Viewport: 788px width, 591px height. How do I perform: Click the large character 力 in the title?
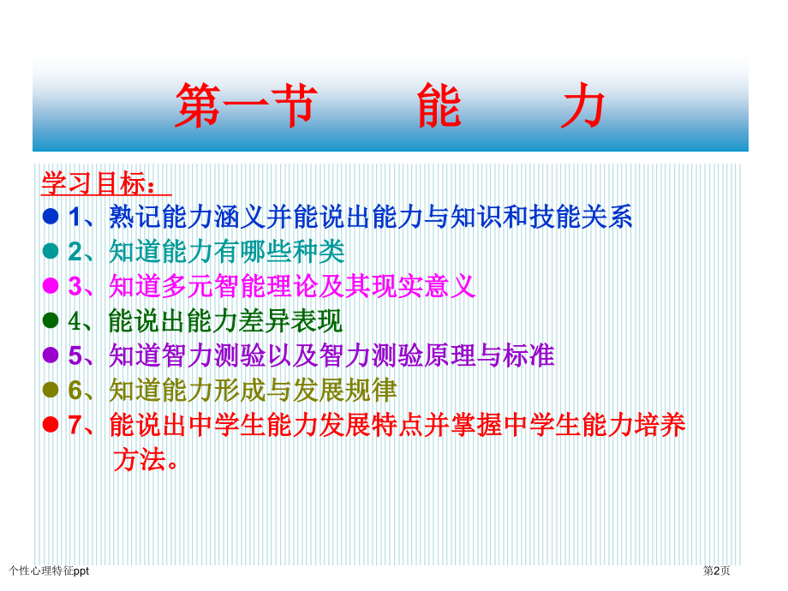pyautogui.click(x=582, y=106)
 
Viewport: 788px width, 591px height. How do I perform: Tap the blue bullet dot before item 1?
pyautogui.click(x=51, y=217)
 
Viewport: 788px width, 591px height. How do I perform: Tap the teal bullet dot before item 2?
pyautogui.click(x=51, y=251)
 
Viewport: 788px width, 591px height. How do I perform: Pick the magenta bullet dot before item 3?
pyautogui.click(x=51, y=285)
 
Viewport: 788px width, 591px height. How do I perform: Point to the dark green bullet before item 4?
pyautogui.click(x=51, y=320)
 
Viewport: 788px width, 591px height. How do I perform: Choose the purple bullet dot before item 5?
pyautogui.click(x=51, y=355)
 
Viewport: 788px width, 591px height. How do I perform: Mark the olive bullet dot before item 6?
pyautogui.click(x=51, y=390)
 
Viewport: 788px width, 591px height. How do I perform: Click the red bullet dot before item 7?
pyautogui.click(x=51, y=424)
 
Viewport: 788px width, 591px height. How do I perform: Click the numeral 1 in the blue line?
pyautogui.click(x=75, y=218)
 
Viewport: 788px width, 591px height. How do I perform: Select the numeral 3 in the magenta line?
pyautogui.click(x=75, y=286)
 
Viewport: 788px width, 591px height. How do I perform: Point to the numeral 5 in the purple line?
pyautogui.click(x=75, y=355)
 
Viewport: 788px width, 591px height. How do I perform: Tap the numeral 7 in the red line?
pyautogui.click(x=75, y=425)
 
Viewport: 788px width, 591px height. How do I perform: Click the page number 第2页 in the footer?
pyautogui.click(x=717, y=570)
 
